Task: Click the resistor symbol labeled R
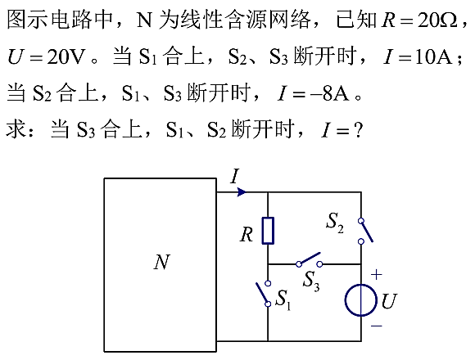point(268,231)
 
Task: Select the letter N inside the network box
point(161,262)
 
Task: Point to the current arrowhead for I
point(242,191)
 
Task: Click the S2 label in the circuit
point(335,223)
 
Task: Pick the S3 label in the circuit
point(311,281)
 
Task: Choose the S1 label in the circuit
point(283,299)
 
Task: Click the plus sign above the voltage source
point(376,275)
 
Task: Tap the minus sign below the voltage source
point(377,326)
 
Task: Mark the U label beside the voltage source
point(389,301)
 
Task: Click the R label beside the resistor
point(247,235)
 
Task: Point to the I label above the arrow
point(234,177)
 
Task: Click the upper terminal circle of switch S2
point(361,221)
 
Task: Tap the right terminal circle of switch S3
point(319,264)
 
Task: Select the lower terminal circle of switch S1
point(268,304)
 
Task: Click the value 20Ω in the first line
point(437,20)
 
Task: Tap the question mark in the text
point(358,130)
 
